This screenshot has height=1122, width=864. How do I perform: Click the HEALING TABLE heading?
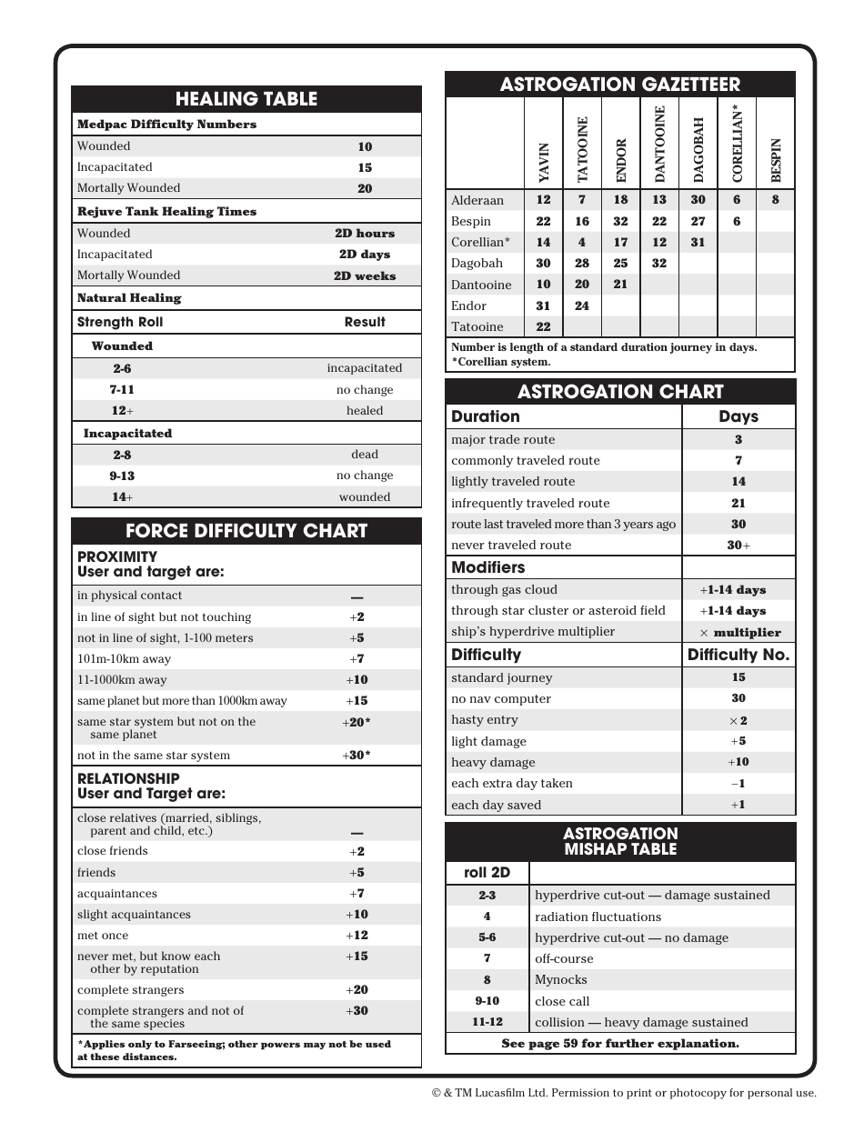246,99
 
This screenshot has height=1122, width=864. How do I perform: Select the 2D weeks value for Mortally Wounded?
365,275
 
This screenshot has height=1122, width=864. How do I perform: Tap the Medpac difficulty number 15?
365,167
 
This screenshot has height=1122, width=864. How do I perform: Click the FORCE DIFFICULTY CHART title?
246,531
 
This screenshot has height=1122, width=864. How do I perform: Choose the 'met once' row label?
103,936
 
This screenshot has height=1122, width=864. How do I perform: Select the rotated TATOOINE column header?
582,149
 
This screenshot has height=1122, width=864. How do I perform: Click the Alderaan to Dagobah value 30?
698,200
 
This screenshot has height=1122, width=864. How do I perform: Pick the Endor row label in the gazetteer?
469,306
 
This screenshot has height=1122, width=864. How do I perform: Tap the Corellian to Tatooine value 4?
582,243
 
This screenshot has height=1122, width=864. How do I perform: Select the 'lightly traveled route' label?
513,482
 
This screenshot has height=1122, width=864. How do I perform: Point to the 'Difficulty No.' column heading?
738,655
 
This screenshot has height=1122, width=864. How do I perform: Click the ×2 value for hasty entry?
738,720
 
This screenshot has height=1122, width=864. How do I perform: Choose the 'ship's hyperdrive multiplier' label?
533,632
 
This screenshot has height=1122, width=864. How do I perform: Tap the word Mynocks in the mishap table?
560,980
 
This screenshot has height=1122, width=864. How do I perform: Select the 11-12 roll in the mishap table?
487,1022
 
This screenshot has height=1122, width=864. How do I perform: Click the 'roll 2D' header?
487,873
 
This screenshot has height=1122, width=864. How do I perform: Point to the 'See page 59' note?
620,1044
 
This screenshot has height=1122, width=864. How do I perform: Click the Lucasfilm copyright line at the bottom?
624,1094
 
